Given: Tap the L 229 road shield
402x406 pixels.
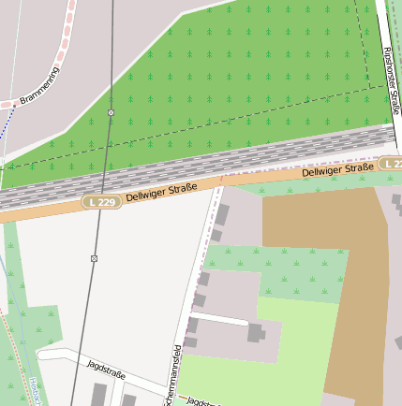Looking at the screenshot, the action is [x=101, y=202].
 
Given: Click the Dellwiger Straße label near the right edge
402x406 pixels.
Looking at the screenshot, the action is [x=337, y=170].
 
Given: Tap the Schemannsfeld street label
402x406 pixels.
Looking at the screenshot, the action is [x=172, y=374].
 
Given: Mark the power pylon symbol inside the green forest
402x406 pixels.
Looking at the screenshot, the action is [x=111, y=112].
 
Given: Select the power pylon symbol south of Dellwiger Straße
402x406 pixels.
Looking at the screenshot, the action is [x=95, y=257].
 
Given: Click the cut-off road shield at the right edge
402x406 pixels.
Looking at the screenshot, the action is [x=394, y=164].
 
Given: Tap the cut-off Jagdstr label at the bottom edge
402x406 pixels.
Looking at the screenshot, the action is [x=201, y=400].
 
